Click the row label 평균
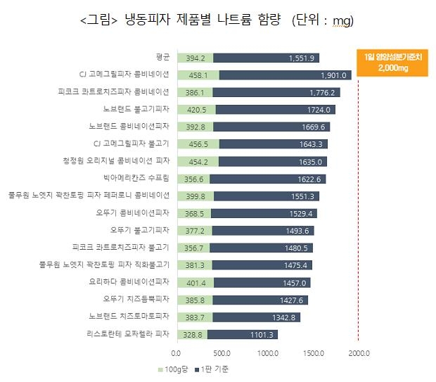click(x=162, y=58)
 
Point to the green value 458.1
click(x=193, y=75)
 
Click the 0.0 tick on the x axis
click(x=177, y=354)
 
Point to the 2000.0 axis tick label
click(x=361, y=354)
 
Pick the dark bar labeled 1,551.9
click(x=266, y=58)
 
